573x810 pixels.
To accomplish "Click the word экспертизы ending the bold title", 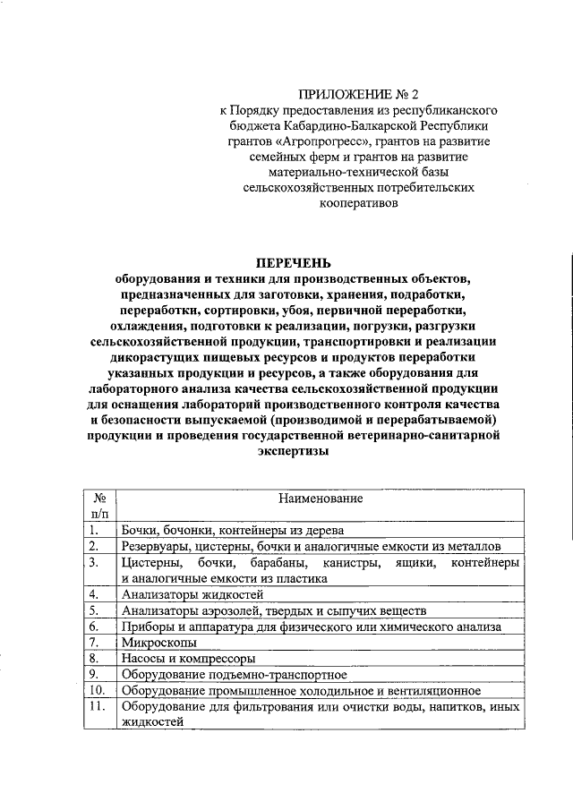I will tap(294, 451).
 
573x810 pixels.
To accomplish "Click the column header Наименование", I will tap(319, 497).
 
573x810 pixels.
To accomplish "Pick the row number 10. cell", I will tap(98, 691).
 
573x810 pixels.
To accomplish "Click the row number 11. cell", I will tap(98, 707).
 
